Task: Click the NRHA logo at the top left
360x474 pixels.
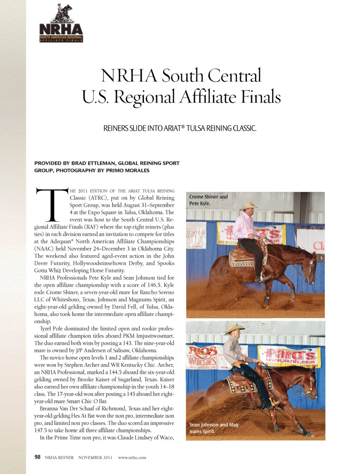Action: tap(61, 24)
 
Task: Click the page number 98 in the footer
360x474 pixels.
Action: tap(37, 457)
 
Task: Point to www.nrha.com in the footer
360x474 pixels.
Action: tap(132, 458)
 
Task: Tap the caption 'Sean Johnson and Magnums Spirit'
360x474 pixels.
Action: tap(214, 428)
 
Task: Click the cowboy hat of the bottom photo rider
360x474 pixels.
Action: tap(235, 328)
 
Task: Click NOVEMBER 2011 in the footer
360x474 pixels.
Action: tap(95, 458)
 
